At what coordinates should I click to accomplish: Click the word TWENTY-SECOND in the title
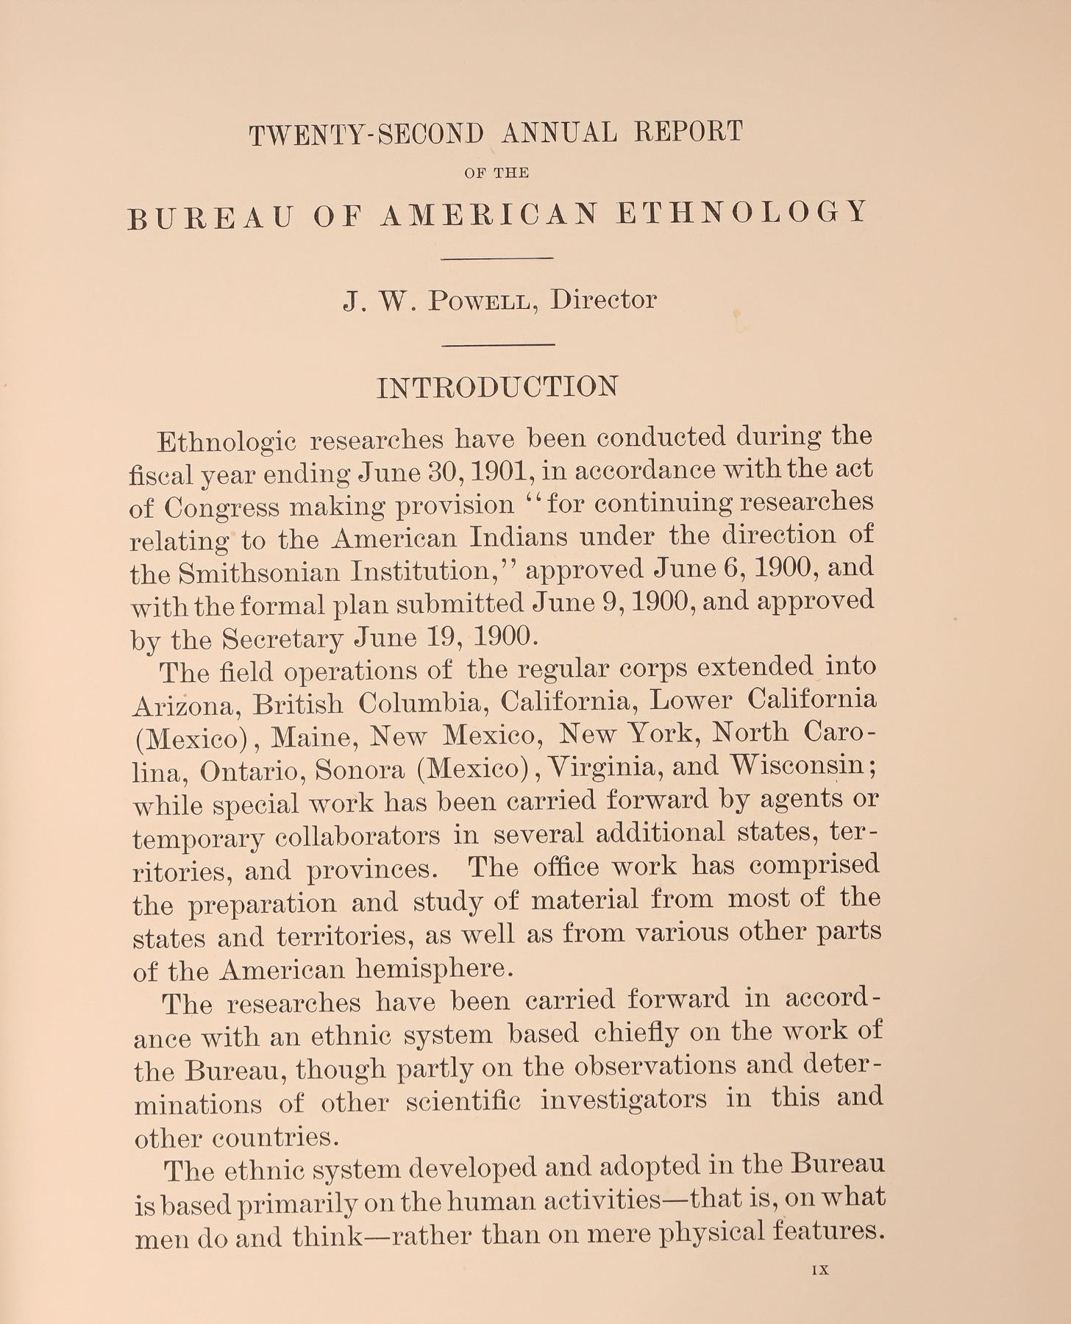367,135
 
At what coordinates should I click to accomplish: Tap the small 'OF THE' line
497,174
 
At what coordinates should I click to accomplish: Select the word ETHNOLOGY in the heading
742,213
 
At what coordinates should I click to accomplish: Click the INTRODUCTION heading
497,388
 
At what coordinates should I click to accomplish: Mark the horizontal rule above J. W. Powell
497,258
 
